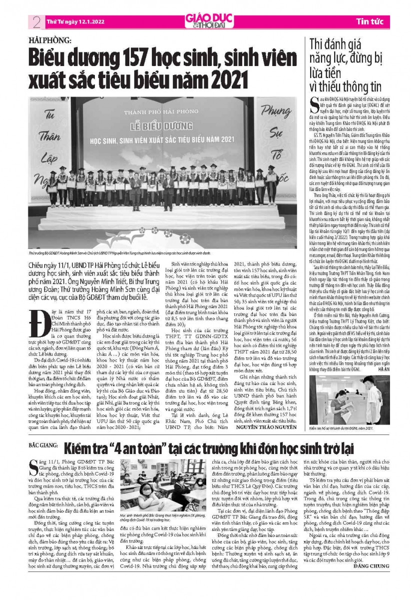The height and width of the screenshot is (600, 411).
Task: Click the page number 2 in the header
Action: (36, 21)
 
